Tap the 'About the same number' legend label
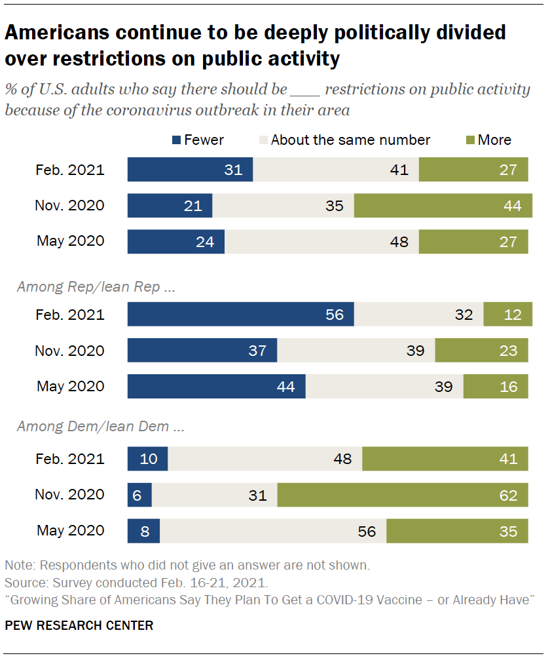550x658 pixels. tap(350, 140)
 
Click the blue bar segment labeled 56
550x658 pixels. tap(240, 315)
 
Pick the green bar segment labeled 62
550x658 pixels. tap(402, 495)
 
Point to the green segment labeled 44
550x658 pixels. tap(443, 206)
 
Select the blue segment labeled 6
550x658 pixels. tap(139, 495)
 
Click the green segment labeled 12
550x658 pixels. tap(505, 315)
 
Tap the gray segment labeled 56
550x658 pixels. tap(273, 531)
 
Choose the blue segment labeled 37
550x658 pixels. tap(202, 351)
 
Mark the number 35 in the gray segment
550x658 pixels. tap(335, 206)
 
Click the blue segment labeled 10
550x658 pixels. tap(147, 459)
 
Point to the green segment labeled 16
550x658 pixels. tap(496, 387)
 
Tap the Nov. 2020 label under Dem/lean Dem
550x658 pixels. tap(69, 495)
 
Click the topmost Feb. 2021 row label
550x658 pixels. tap(69, 170)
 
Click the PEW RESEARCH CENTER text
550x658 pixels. tap(79, 626)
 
